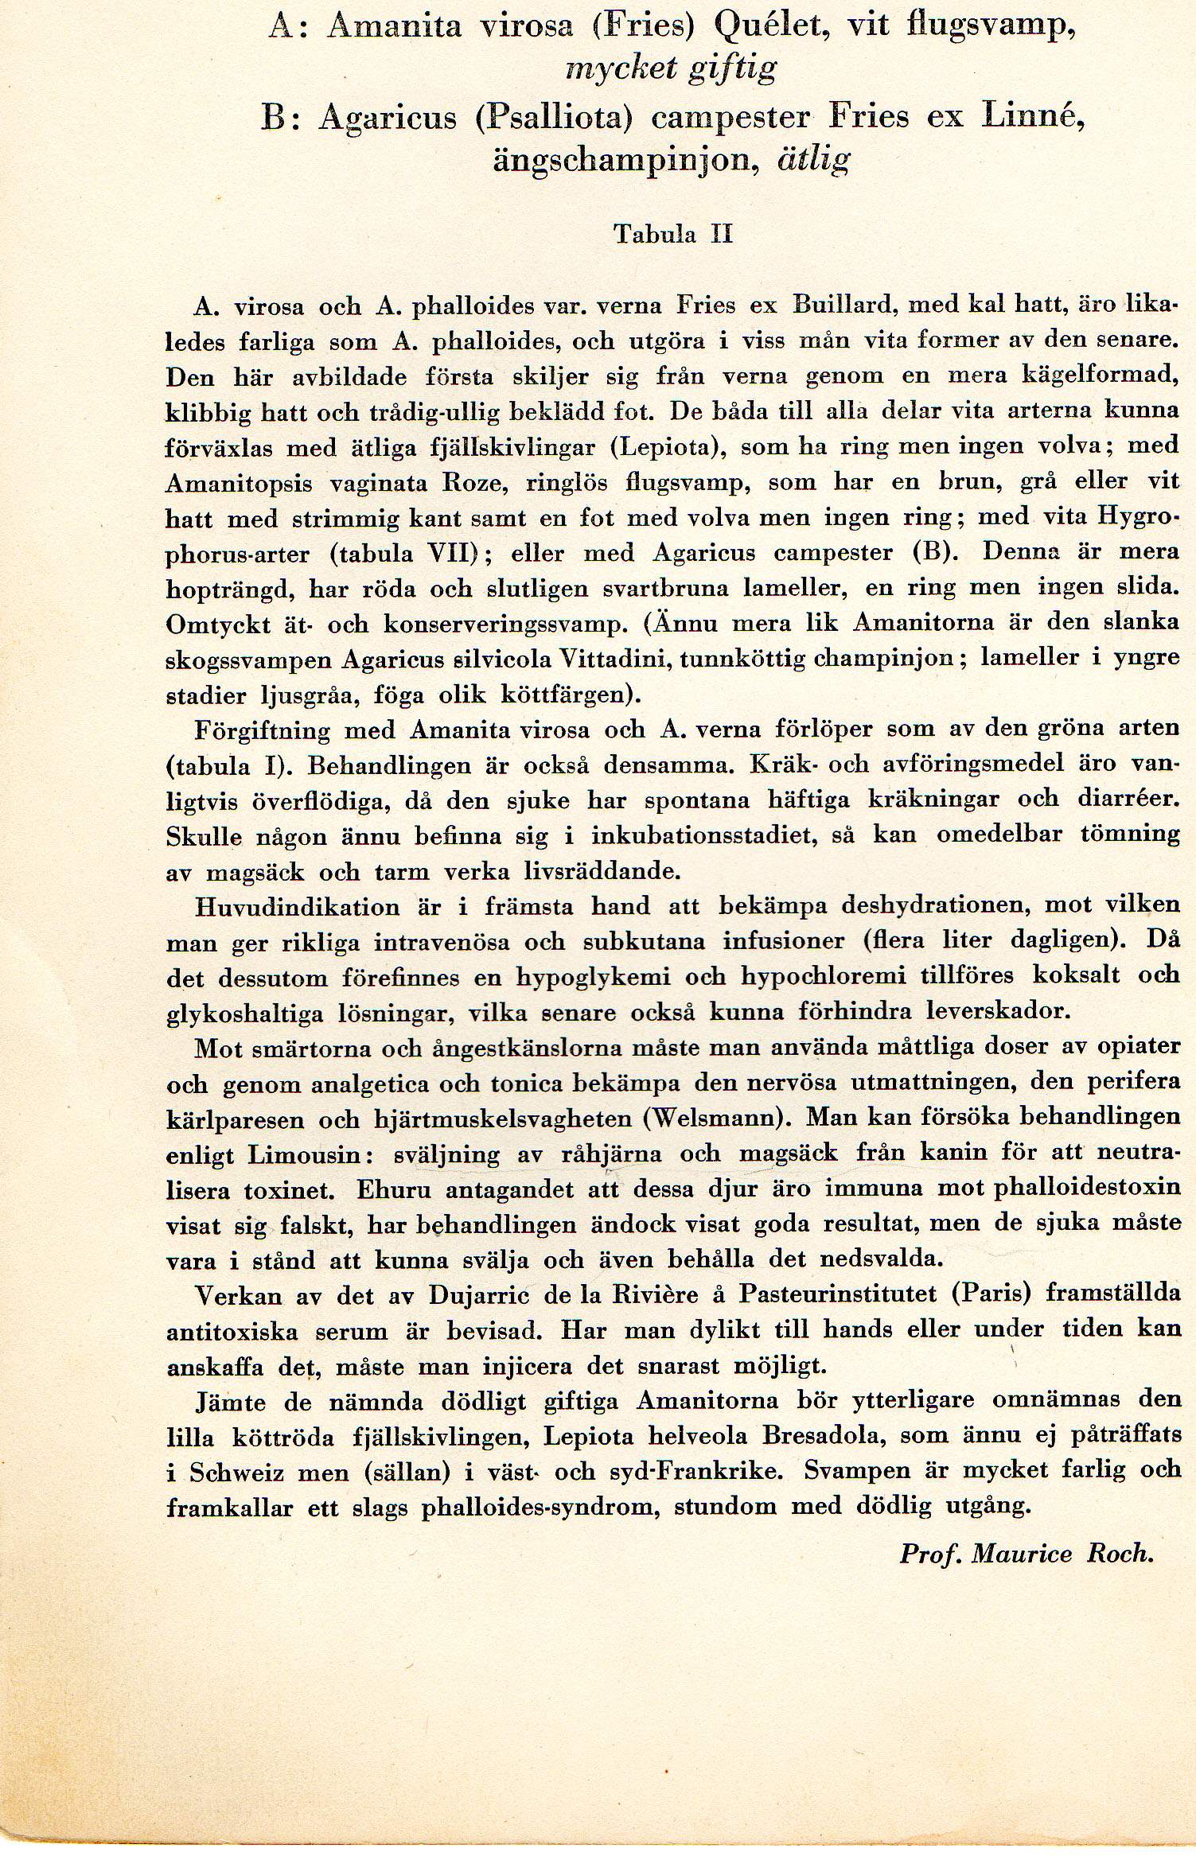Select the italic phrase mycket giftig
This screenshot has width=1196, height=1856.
click(670, 70)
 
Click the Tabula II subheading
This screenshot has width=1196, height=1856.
click(673, 234)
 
